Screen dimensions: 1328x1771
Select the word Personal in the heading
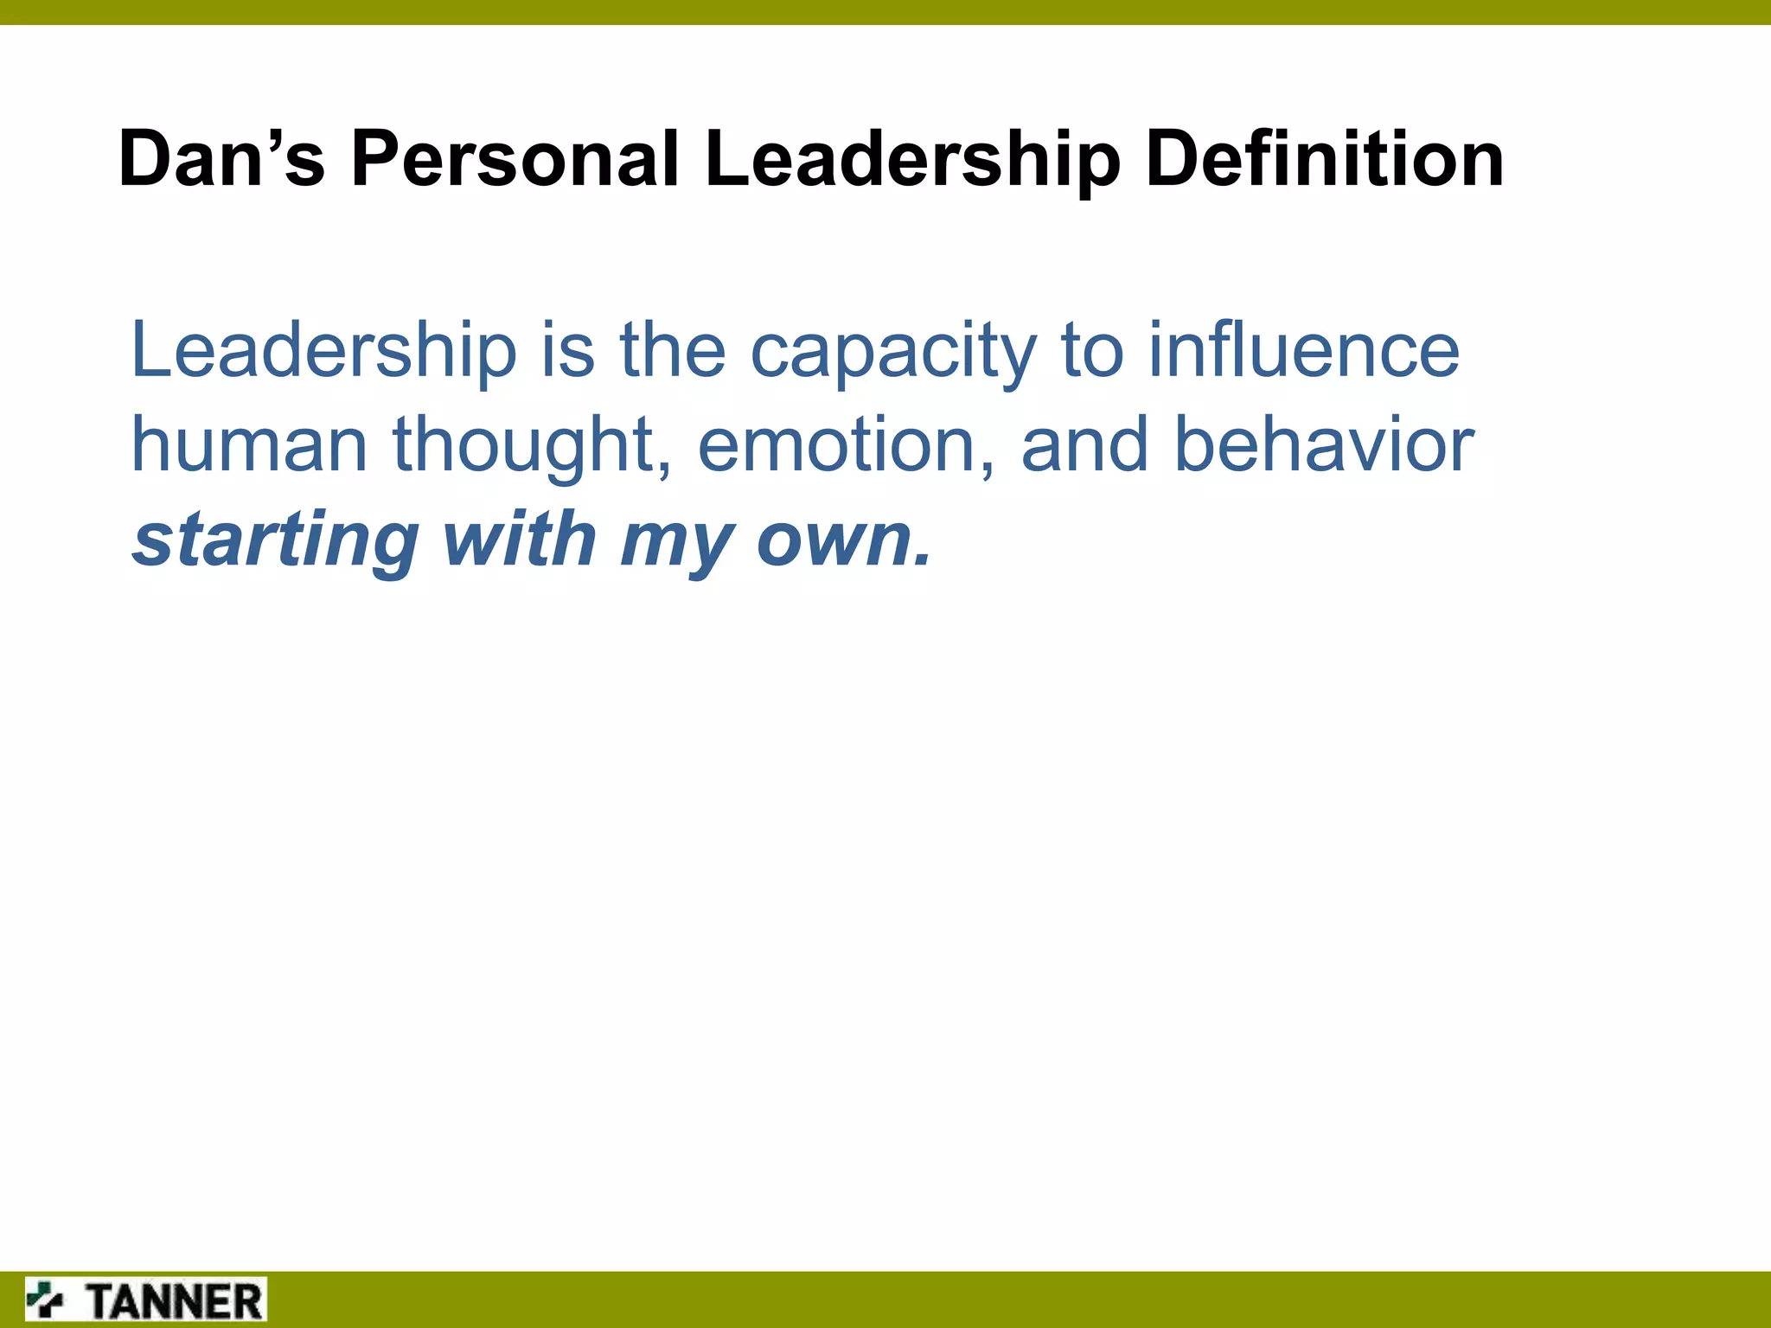(x=515, y=159)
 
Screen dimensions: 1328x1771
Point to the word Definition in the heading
(x=1325, y=159)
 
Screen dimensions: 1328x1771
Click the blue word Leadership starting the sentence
(x=323, y=351)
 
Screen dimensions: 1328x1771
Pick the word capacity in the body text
(x=893, y=353)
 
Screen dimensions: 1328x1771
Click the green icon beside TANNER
(x=45, y=1299)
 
